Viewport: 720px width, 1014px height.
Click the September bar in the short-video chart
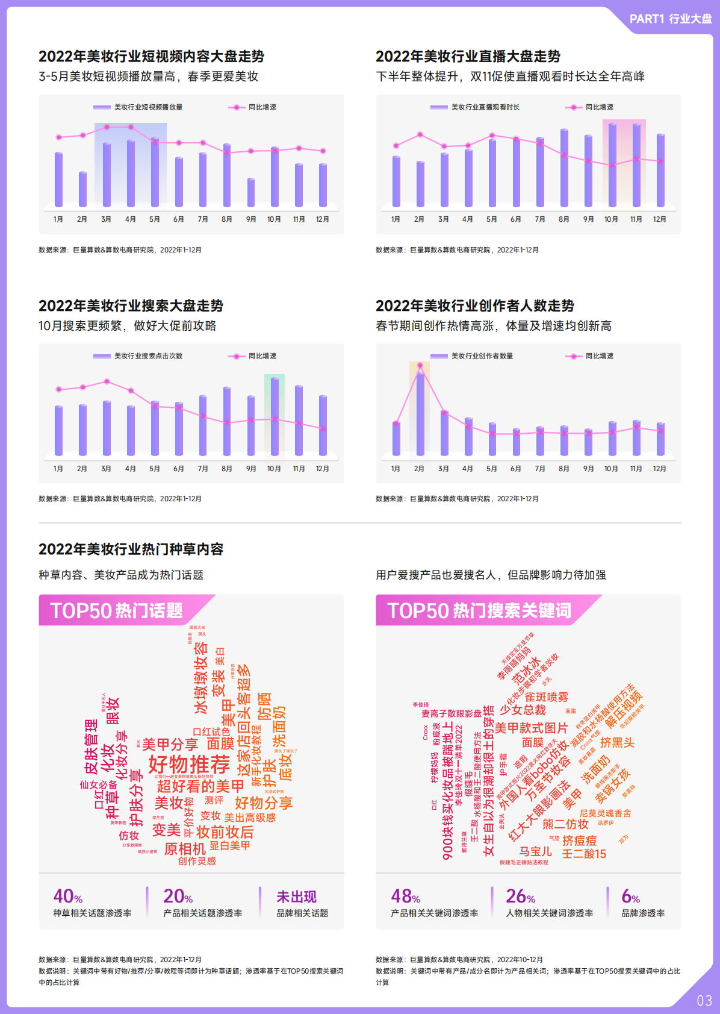251,193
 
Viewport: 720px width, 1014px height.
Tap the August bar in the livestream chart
564,169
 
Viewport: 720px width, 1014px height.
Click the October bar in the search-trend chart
275,417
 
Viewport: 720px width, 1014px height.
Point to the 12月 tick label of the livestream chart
660,219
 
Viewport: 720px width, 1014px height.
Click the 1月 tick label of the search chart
58,469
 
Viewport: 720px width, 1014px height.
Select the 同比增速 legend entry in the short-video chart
253,107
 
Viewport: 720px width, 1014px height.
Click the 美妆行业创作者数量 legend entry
473,356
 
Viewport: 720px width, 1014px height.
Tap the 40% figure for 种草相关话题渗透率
67,897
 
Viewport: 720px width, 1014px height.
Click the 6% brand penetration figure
630,897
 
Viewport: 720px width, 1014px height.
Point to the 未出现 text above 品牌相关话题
296,897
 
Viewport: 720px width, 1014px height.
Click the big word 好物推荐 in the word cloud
189,765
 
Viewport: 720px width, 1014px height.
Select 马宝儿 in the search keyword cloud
535,851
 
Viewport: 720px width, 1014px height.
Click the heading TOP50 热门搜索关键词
479,611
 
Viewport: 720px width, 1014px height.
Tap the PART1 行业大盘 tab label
670,19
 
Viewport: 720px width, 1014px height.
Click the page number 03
704,1001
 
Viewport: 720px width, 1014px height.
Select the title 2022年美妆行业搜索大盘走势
131,306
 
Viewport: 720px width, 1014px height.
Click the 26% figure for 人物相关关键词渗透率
520,897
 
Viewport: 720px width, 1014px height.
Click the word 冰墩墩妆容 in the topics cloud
200,677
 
